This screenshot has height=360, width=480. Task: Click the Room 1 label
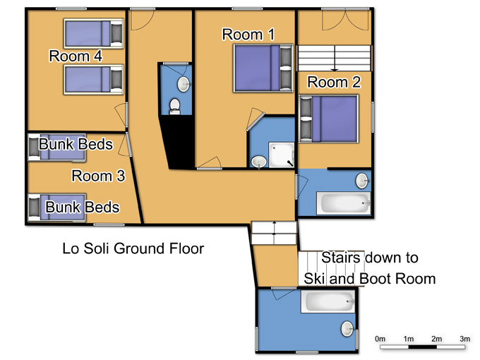tap(248, 35)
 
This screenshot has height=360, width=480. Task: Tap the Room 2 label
tap(334, 82)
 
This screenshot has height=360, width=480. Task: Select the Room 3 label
tap(98, 176)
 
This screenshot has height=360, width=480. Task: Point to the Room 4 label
tap(76, 56)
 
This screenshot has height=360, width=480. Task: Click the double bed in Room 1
tap(263, 68)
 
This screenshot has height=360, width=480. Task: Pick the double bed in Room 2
tap(328, 119)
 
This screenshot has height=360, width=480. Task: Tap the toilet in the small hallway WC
tap(175, 107)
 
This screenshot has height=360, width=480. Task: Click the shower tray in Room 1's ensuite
tap(282, 155)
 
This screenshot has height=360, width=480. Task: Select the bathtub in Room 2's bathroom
tap(344, 203)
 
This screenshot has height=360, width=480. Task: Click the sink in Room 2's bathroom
tap(362, 181)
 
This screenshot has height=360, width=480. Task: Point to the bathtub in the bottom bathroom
tap(328, 301)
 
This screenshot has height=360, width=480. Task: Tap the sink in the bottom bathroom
tap(348, 329)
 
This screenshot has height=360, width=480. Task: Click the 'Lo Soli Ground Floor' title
tap(133, 248)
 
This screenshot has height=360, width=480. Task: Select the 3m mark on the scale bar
tap(464, 339)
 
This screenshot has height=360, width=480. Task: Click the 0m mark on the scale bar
tap(380, 339)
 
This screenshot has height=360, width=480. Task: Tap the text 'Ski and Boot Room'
tap(369, 279)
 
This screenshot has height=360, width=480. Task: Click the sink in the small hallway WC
tap(184, 84)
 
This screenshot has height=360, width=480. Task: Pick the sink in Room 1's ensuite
tap(259, 162)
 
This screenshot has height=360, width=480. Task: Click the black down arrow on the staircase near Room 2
tap(335, 59)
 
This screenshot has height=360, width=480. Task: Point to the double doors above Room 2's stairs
tap(345, 20)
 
